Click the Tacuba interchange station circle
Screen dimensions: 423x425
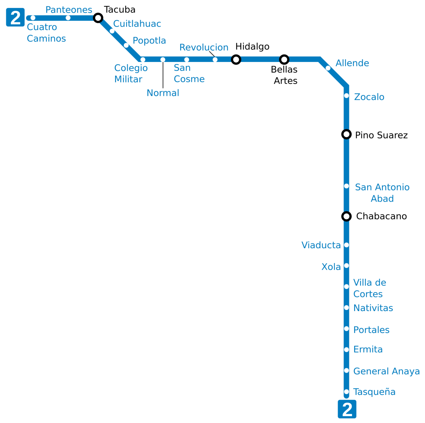tap(98, 18)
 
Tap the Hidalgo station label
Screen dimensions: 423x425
tap(252, 46)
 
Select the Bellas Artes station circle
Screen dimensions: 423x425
tap(284, 59)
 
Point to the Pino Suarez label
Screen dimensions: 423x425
tap(381, 135)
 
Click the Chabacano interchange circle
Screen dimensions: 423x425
tap(346, 216)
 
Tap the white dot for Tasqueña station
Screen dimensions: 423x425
tap(346, 392)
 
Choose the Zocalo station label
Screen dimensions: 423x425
tap(369, 97)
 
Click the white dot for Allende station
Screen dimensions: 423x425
tap(328, 68)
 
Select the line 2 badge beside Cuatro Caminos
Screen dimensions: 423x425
tap(15, 18)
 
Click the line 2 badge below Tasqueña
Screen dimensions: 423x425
tap(347, 409)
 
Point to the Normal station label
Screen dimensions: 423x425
tap(163, 93)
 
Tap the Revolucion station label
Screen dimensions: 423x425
tap(204, 47)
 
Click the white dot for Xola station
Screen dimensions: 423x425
tap(346, 266)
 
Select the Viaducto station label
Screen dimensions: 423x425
tap(321, 245)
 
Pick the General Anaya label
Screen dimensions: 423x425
tap(386, 371)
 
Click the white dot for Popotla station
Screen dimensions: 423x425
tap(126, 45)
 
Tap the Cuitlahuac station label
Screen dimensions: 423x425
tap(137, 24)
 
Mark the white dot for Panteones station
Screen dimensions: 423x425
tap(68, 18)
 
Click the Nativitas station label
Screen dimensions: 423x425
tap(373, 308)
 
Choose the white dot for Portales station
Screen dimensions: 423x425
tap(346, 329)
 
